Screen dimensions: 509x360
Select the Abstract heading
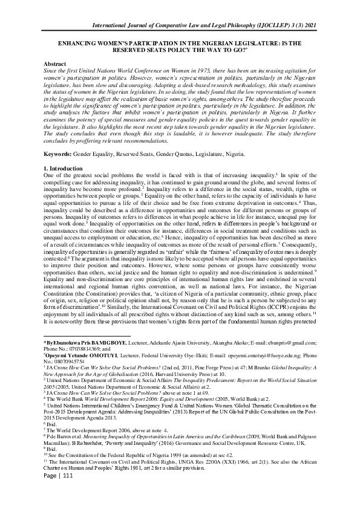pos(56,63)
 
